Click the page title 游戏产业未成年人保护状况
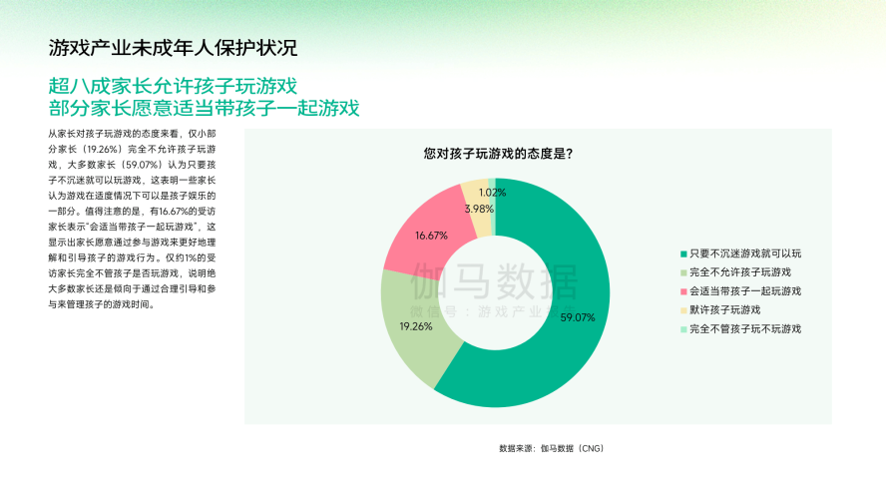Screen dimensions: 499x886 (x=173, y=48)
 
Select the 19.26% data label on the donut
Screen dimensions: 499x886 (x=416, y=326)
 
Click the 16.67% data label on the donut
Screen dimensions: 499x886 (x=431, y=235)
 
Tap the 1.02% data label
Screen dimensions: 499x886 (x=491, y=192)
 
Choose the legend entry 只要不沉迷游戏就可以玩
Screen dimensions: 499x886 (x=744, y=253)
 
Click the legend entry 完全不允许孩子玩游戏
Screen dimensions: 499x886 (x=739, y=272)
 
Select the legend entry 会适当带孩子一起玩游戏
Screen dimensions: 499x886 (x=744, y=291)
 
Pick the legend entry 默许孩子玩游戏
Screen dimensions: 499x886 (x=724, y=309)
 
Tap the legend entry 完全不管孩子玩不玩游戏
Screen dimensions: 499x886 (x=744, y=328)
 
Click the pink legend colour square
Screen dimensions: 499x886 (x=683, y=291)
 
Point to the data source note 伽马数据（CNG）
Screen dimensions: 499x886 (x=572, y=448)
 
